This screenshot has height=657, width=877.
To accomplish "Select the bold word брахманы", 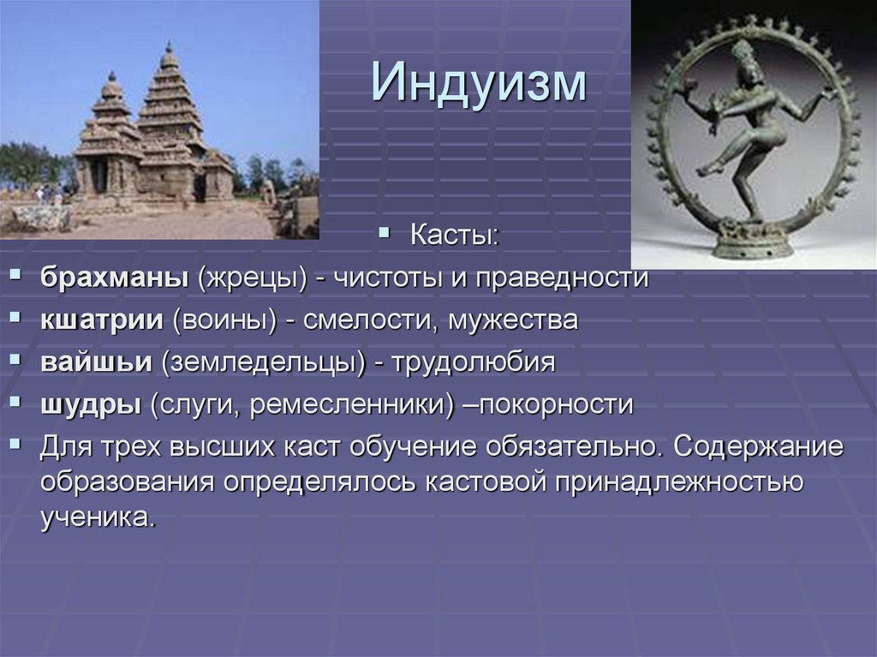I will pos(113,278).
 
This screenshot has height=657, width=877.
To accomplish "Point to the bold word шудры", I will pos(90,404).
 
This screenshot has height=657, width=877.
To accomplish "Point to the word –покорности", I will pos(548,404).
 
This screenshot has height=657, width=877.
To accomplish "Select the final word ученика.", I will pos(98,517).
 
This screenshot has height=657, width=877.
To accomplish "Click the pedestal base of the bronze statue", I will pos(753,244).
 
